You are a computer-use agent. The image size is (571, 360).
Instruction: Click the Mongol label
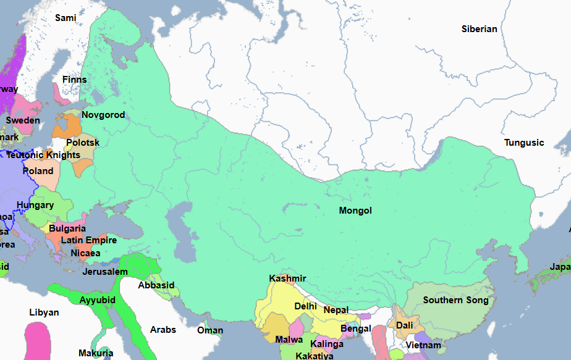pos(355,211)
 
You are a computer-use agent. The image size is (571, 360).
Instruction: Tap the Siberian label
pos(479,29)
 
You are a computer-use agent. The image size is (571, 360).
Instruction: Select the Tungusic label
pos(524,143)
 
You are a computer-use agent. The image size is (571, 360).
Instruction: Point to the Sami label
pos(66,18)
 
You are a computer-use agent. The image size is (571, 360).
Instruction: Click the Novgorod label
pos(103,115)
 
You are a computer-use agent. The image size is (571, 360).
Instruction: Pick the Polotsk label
pos(83,142)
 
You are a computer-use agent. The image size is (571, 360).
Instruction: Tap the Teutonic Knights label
pos(43,155)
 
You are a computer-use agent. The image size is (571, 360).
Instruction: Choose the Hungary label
pos(35,205)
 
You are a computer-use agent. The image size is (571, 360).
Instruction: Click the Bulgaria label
pos(67,228)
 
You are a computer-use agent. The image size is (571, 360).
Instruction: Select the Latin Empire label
pos(88,240)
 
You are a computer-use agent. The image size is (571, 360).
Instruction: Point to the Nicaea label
pos(85,253)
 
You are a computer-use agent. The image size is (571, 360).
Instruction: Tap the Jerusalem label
pos(105,272)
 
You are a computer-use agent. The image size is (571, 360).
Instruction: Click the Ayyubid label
pos(98,300)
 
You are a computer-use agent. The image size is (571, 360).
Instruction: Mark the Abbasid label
pos(156,285)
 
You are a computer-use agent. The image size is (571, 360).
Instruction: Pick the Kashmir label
pos(287,278)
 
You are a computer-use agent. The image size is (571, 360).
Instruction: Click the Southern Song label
pos(455,300)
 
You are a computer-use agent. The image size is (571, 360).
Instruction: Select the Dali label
pos(405,325)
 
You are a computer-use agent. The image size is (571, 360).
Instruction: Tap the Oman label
pos(210,330)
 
